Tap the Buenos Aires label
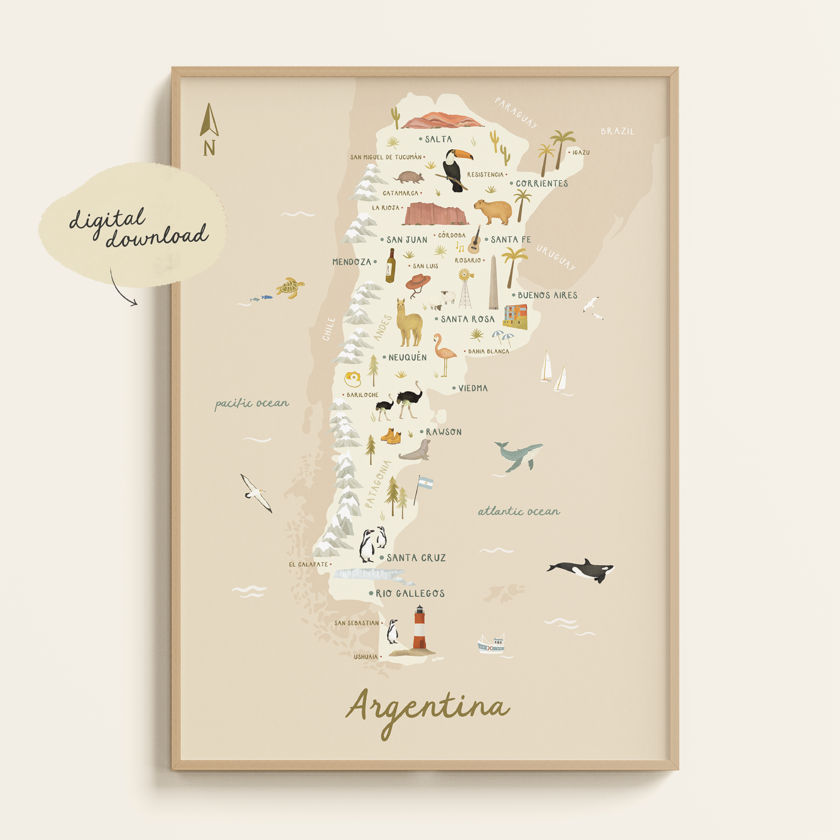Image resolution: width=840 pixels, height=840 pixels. pos(547,295)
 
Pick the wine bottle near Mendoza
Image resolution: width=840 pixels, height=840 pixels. pos(390,266)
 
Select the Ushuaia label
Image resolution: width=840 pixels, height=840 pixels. pos(366,657)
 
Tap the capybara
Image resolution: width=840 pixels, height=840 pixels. pos(493,211)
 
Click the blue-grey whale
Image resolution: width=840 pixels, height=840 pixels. pos(518,456)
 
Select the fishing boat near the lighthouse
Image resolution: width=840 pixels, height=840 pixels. pos(491,644)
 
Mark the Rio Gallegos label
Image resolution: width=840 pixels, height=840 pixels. pos(410,593)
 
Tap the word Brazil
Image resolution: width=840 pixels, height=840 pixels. pos(617,131)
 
